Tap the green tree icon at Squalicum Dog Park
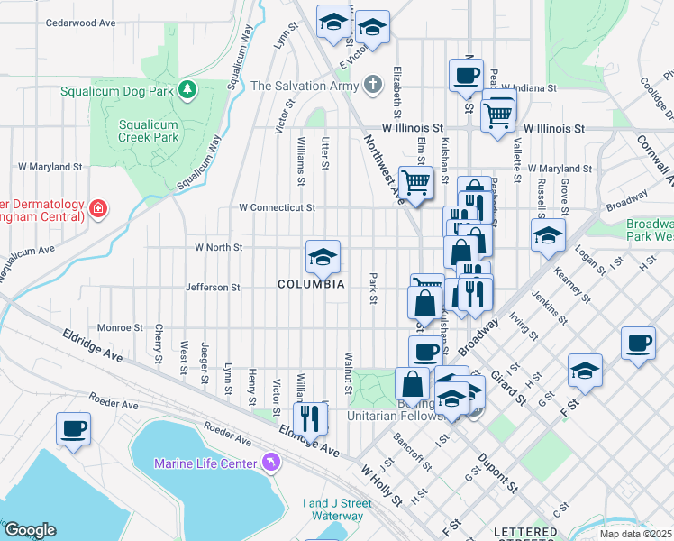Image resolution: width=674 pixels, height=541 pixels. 187,89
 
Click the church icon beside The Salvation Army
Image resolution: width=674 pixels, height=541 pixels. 371,86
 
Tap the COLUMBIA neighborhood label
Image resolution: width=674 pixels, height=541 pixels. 311,284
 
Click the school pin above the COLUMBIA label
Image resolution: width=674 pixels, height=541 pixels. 322,259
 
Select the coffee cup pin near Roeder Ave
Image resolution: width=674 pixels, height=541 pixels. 73,429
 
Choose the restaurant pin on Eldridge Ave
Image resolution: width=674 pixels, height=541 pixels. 309,419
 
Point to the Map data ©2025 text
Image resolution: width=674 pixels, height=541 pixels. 634,534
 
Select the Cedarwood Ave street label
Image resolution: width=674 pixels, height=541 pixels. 80,22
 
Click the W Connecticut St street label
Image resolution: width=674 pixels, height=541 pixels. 277,207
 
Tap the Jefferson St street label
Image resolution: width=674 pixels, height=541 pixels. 213,288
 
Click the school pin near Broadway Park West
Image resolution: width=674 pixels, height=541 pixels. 547,237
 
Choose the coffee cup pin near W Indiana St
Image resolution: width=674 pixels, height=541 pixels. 466,76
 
